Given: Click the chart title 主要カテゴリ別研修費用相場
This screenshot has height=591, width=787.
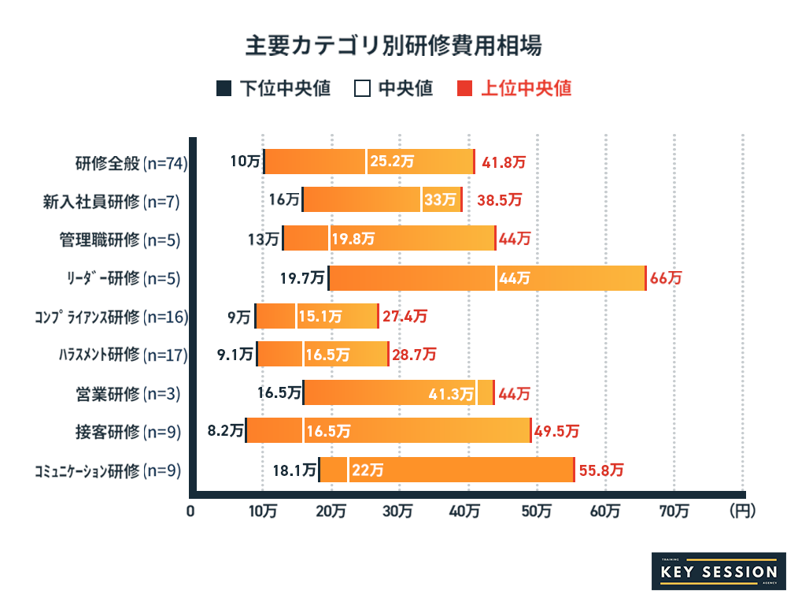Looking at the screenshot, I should (x=393, y=45).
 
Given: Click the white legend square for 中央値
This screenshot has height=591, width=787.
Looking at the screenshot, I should (x=362, y=88).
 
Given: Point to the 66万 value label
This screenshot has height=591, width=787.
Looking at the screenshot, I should (x=666, y=278).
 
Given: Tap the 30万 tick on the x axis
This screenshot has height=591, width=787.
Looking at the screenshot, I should (x=400, y=511).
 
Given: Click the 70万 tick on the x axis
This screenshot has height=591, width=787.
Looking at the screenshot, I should (x=674, y=511).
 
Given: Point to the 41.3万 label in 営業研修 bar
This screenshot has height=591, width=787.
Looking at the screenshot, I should (x=451, y=393).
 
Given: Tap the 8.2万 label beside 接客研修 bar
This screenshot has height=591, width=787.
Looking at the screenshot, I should (x=224, y=431).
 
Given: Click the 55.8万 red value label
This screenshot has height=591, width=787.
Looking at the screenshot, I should (x=601, y=470).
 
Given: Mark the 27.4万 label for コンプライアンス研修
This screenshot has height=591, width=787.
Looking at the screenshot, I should (x=405, y=317).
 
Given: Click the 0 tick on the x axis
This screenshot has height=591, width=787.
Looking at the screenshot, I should (x=190, y=511).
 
